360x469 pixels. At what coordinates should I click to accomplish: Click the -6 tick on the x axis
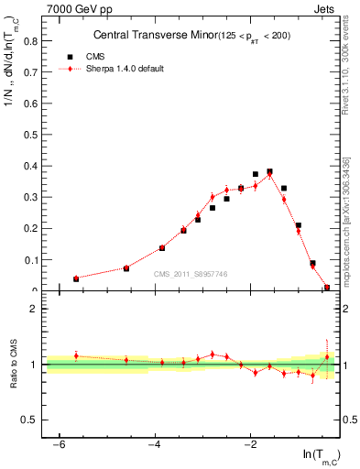tap(59, 445)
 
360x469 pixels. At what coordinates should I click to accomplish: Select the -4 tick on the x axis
tap(155, 445)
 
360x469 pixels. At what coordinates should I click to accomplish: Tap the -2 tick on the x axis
tap(250, 445)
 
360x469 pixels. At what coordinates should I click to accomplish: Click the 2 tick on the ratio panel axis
tap(37, 309)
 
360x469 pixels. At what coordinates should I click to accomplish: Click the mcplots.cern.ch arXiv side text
tap(351, 219)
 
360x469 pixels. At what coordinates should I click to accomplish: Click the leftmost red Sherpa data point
tap(76, 278)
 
